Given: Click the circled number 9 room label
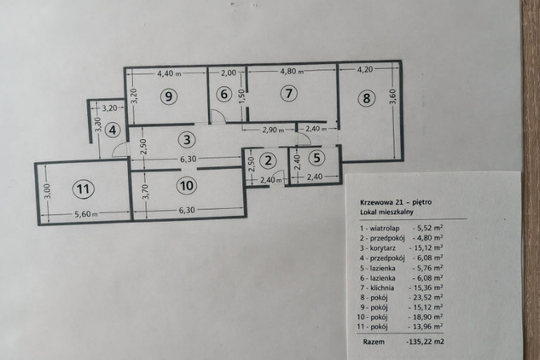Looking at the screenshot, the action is tap(168, 96).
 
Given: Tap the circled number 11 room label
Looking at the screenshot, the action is tap(83, 189).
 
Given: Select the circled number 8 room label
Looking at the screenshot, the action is tap(367, 98).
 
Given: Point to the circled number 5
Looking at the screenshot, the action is tap(316, 158).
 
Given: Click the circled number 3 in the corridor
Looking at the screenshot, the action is tap(187, 140).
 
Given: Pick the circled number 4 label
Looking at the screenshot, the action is tap(113, 131).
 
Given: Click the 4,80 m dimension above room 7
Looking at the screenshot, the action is tap(292, 71).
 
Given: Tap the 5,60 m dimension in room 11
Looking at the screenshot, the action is tap(86, 214).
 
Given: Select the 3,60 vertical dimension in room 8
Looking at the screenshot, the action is tap(393, 96).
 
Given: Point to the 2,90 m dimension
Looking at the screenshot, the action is tap(274, 130).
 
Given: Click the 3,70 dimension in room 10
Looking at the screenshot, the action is tap(146, 192).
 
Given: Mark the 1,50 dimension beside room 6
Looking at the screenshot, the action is tap(241, 96).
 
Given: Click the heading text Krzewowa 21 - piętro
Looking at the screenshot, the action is tap(396, 202).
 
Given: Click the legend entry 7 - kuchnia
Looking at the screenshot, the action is tap(377, 287).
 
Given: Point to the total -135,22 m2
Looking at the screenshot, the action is tap(426, 342).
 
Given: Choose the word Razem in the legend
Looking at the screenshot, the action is tap(374, 342).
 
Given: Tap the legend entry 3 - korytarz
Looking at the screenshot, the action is tap(378, 248).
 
